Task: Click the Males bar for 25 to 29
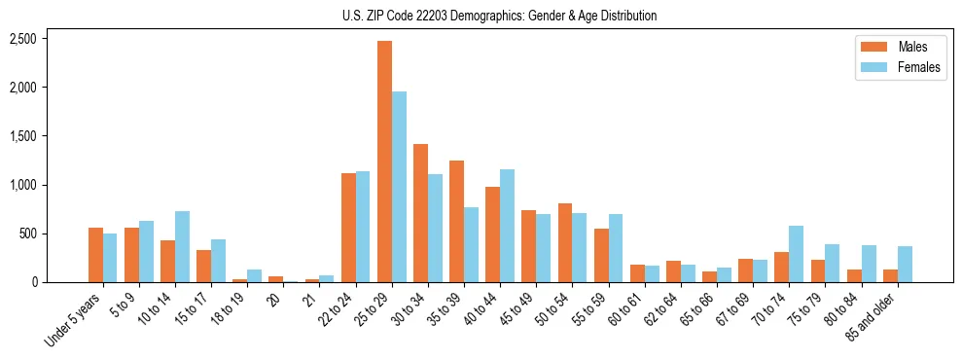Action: [x=384, y=162]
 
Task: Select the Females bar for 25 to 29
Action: [x=399, y=187]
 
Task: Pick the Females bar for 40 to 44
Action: [x=507, y=226]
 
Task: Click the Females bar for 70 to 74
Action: [x=796, y=254]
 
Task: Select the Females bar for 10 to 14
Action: [x=182, y=247]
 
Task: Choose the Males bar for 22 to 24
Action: [x=348, y=228]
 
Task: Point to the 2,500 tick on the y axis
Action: [x=23, y=39]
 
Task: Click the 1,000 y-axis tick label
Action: [x=23, y=185]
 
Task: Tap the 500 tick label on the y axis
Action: [x=29, y=234]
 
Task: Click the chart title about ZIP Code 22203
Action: [x=499, y=16]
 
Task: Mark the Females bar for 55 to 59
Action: [x=616, y=248]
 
